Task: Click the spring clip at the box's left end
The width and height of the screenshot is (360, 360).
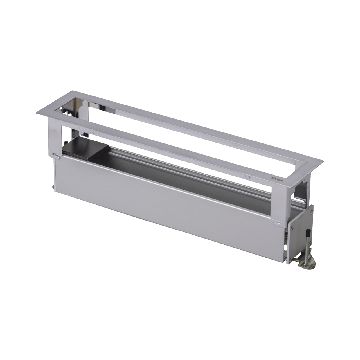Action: tap(56, 150)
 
